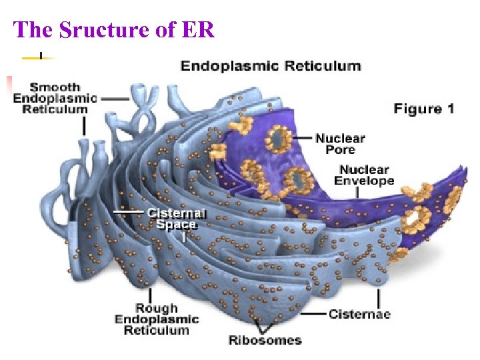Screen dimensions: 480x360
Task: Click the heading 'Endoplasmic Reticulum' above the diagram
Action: [271, 66]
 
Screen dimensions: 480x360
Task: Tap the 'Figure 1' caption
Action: [423, 109]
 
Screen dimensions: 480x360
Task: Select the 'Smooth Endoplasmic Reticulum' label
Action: [55, 98]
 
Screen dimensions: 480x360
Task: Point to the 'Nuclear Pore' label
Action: [340, 143]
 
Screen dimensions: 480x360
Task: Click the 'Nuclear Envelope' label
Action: [364, 175]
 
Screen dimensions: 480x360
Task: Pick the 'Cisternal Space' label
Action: [176, 219]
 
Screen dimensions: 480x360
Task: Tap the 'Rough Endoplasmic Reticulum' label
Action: [157, 319]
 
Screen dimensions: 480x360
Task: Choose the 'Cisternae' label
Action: [359, 314]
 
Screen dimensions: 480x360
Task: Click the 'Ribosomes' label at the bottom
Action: [265, 340]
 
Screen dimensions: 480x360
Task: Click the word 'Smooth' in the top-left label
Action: [55, 87]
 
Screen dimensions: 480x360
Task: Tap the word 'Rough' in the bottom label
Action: [157, 308]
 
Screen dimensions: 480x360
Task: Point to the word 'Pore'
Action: [340, 150]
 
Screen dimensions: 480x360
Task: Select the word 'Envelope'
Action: [364, 181]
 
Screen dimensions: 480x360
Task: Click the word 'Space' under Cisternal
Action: [176, 225]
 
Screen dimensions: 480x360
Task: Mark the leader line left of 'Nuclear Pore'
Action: [303, 138]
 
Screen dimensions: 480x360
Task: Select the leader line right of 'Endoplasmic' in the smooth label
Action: [115, 98]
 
